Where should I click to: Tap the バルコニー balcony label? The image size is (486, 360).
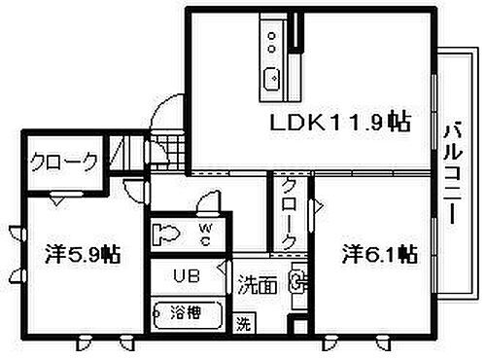click(x=454, y=175)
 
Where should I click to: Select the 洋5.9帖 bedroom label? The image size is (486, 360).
click(x=82, y=255)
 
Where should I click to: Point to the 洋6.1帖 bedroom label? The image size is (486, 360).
click(x=379, y=255)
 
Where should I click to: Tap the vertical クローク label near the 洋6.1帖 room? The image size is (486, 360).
click(x=289, y=214)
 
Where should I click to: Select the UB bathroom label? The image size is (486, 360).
click(x=187, y=275)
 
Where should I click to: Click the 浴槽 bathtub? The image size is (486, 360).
click(x=190, y=315)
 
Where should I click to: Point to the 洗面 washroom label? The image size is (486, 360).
click(x=259, y=285)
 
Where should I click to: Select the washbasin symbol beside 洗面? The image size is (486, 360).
click(x=297, y=285)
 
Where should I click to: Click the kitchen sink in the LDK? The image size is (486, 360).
click(x=271, y=75)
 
